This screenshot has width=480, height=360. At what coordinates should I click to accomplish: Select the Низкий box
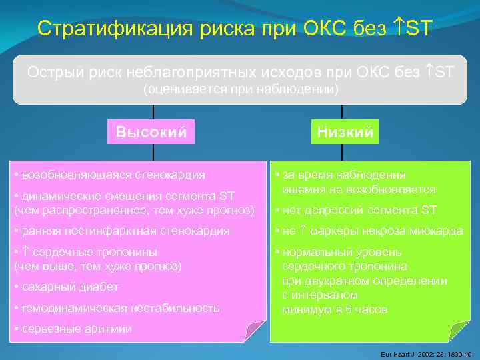pos(344,131)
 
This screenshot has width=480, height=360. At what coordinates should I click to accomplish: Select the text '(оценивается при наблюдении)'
pos(241,88)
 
